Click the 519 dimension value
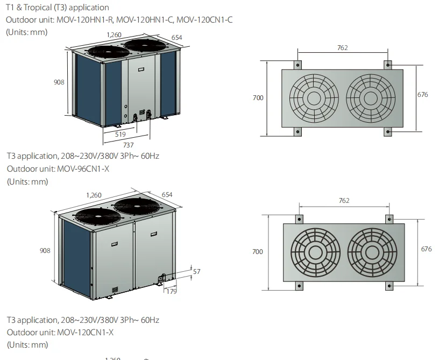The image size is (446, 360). pyautogui.click(x=121, y=133)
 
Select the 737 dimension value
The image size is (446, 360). pyautogui.click(x=128, y=145)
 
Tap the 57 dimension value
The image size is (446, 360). pyautogui.click(x=196, y=272)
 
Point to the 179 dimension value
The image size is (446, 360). pyautogui.click(x=172, y=291)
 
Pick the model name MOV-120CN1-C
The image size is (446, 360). pyautogui.click(x=204, y=20)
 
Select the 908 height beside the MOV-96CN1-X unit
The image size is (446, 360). pyautogui.click(x=46, y=251)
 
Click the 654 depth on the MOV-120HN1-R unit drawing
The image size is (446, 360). pyautogui.click(x=176, y=37)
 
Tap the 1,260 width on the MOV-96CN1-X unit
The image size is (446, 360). pyautogui.click(x=94, y=195)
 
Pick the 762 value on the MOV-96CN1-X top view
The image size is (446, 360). pyautogui.click(x=344, y=201)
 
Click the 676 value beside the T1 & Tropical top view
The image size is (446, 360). pyautogui.click(x=423, y=95)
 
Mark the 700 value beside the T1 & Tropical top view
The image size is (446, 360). pyautogui.click(x=258, y=98)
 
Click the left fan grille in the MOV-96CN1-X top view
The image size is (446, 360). pyautogui.click(x=315, y=252)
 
